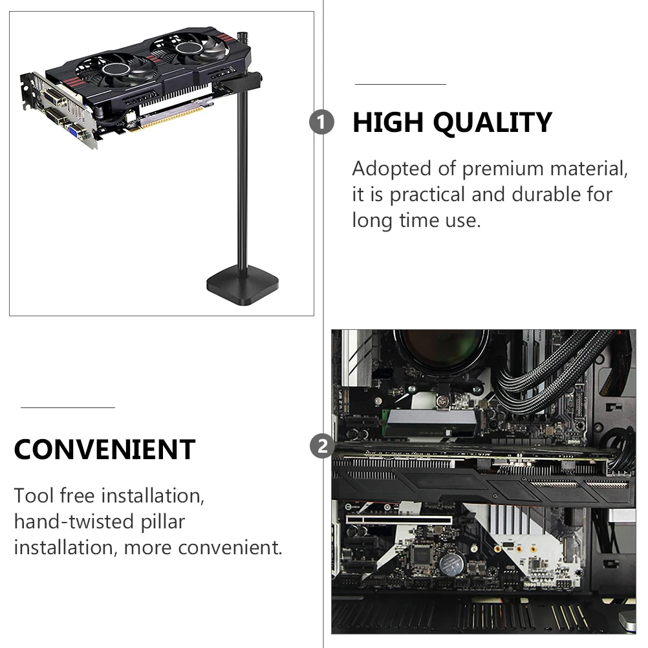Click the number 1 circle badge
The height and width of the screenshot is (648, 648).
[321, 122]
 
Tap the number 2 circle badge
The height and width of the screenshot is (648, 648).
[321, 446]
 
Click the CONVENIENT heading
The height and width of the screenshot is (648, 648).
[104, 449]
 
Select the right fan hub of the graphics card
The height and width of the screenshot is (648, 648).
[189, 52]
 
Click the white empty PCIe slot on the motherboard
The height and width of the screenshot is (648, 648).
[399, 519]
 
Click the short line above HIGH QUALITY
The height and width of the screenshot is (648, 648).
[400, 84]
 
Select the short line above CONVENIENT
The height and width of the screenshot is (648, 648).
[67, 408]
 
